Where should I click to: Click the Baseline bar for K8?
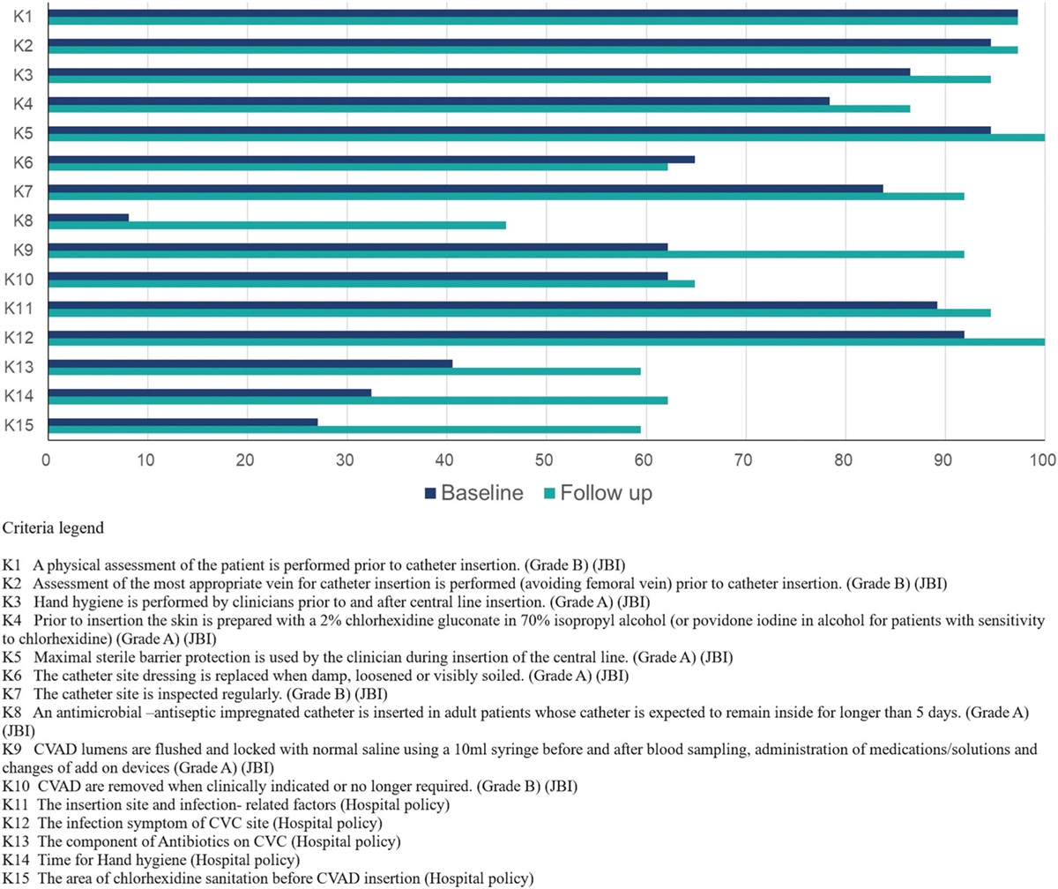point(88,217)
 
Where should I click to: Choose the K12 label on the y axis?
point(19,338)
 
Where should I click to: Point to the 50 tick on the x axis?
point(546,459)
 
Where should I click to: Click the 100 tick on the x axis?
point(1044,459)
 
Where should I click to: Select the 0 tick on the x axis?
point(47,459)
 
